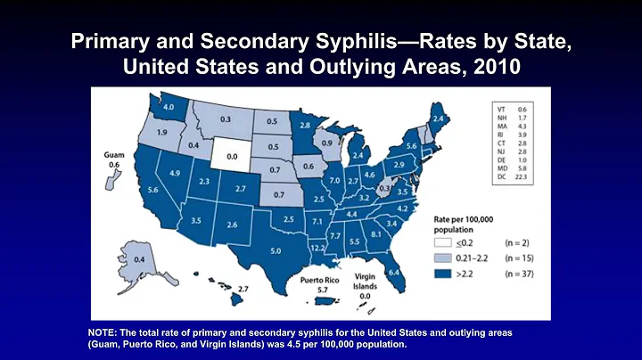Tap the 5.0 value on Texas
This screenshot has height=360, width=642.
point(276,251)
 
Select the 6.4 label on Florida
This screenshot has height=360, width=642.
point(394,272)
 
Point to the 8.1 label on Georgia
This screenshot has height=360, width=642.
point(375,233)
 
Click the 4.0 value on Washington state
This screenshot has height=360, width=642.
point(169,109)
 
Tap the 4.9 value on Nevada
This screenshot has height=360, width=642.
point(175,173)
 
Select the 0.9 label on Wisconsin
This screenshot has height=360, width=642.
point(326,143)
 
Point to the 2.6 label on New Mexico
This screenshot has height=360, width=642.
point(231,225)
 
